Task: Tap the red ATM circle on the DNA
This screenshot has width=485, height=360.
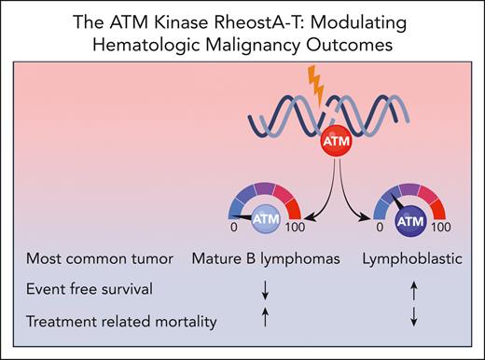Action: pyautogui.click(x=334, y=145)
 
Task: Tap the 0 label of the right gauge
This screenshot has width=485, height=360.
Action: pyautogui.click(x=376, y=227)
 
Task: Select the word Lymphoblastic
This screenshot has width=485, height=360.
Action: pyautogui.click(x=409, y=257)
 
